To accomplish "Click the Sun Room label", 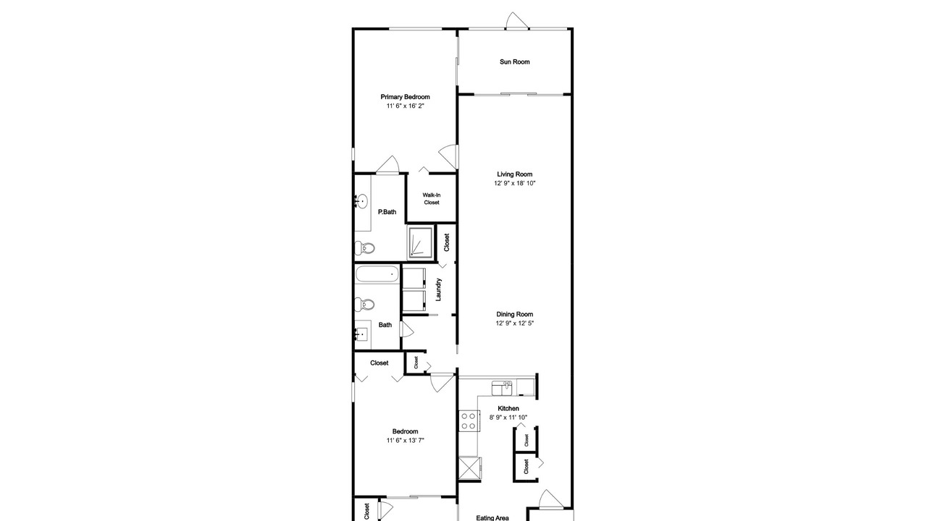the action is click(514, 62).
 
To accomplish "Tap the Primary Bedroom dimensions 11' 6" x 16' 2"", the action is click(405, 106).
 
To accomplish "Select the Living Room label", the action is click(514, 174).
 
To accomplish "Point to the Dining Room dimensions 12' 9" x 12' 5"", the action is click(514, 323).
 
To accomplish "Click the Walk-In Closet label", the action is click(431, 199).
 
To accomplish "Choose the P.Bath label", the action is click(387, 212).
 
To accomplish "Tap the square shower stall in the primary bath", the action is click(421, 242).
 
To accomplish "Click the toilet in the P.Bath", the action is click(364, 248).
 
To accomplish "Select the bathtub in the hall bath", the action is click(377, 274).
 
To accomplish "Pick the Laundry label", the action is click(439, 289).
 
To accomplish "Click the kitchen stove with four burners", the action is click(469, 421).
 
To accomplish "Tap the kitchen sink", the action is click(502, 389).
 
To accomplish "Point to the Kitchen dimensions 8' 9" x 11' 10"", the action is click(508, 418).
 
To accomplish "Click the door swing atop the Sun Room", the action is click(516, 21).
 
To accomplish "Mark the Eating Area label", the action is click(492, 517).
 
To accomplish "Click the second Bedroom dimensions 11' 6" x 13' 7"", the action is click(405, 441).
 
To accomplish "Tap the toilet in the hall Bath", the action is click(364, 305).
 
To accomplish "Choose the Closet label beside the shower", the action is click(447, 242).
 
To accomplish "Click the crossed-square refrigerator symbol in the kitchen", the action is click(470, 469).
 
